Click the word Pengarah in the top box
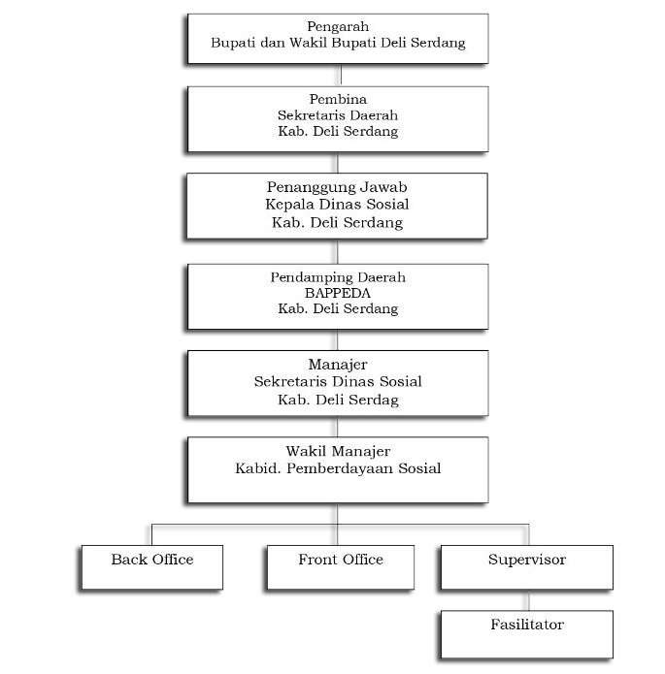[x=338, y=27]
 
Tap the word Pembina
[x=338, y=99]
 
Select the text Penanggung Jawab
[x=337, y=187]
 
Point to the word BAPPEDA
[x=338, y=293]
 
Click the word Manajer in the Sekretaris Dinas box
[x=338, y=365]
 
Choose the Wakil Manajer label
[x=338, y=451]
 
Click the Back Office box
[x=152, y=567]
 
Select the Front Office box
[x=341, y=567]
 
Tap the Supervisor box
[x=527, y=567]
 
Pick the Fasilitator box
[x=527, y=634]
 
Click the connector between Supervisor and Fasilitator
[x=529, y=600]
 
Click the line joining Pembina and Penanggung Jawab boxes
[x=338, y=163]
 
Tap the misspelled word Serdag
[x=374, y=401]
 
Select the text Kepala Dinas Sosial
[x=337, y=205]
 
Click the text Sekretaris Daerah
[x=338, y=115]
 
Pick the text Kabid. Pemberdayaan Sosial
[x=338, y=468]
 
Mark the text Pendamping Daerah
[x=338, y=277]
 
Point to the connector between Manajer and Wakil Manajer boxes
[x=338, y=427]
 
